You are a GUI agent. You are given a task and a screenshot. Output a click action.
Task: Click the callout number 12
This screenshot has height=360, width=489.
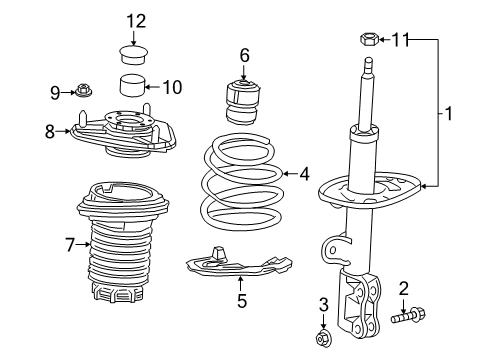[x=135, y=20]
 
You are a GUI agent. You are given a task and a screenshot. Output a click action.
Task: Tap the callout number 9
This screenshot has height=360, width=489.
[x=57, y=93]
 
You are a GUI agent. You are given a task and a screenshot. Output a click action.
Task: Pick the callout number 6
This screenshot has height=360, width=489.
[x=243, y=55]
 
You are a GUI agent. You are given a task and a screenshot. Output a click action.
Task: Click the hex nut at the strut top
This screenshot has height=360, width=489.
[x=366, y=40]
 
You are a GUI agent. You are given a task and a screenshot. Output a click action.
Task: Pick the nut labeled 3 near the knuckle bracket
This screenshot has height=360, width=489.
[x=324, y=340]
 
